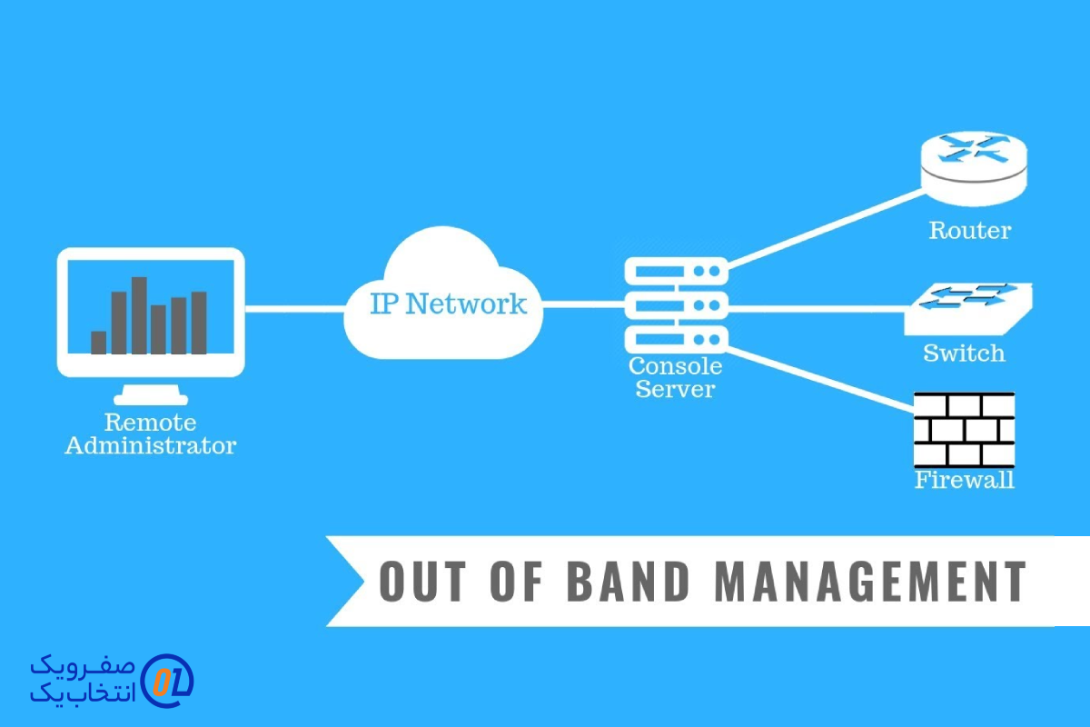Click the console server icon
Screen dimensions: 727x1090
tap(676, 304)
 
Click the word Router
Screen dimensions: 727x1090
tap(969, 231)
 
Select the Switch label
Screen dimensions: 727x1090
tap(964, 353)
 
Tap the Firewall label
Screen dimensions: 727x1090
tap(964, 480)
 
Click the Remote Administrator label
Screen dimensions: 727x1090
tap(151, 434)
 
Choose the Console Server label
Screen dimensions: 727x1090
tap(676, 378)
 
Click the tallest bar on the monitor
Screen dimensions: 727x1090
tap(139, 314)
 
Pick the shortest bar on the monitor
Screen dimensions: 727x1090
tap(99, 342)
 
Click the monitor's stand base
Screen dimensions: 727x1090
tap(151, 398)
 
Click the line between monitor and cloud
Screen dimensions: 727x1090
tap(295, 309)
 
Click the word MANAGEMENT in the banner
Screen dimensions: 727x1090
tap(871, 582)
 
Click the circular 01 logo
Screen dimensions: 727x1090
tap(169, 680)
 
